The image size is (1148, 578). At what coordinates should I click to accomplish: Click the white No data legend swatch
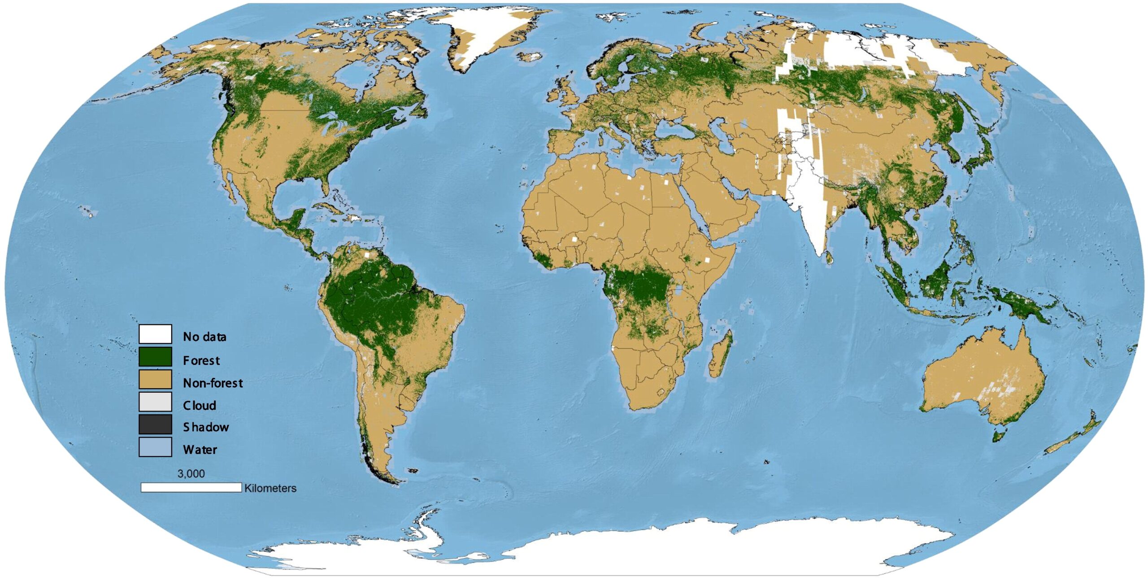tap(155, 334)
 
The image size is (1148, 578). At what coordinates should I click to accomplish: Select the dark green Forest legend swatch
tap(155, 357)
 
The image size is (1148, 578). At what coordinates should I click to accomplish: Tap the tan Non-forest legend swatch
tap(155, 380)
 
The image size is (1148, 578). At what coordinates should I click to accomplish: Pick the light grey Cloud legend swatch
tap(155, 402)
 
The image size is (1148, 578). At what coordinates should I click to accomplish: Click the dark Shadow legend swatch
tap(155, 425)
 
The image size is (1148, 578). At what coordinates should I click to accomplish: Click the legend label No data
tap(204, 337)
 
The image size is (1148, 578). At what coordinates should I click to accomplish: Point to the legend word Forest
tap(201, 360)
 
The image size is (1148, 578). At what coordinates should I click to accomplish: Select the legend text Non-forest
tap(213, 383)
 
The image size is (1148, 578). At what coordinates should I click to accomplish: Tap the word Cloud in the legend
tap(200, 405)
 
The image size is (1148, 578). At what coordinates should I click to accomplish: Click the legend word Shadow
tap(206, 427)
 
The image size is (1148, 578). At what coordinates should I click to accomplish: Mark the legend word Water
tap(200, 449)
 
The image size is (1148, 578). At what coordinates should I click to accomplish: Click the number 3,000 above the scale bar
tap(191, 474)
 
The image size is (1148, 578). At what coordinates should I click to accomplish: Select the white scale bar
tap(191, 487)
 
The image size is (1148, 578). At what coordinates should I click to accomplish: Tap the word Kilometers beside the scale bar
tap(270, 488)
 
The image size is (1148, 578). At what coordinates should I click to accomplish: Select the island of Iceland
tap(531, 57)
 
